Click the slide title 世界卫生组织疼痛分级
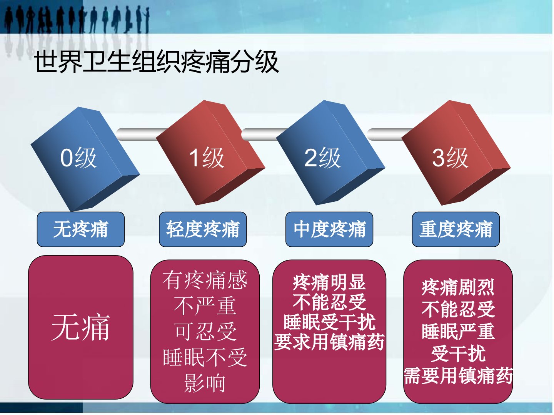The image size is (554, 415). click(x=156, y=62)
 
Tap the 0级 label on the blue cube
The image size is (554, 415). click(x=78, y=158)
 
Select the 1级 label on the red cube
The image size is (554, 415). click(x=207, y=158)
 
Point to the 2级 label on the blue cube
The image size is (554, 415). click(x=322, y=158)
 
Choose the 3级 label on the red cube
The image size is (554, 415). click(x=450, y=158)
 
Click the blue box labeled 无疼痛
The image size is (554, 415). click(x=80, y=229)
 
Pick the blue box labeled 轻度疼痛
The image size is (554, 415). click(x=203, y=229)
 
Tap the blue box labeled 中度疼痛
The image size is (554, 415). click(x=329, y=229)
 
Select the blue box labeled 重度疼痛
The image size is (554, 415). click(x=456, y=229)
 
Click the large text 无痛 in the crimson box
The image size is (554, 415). click(x=80, y=327)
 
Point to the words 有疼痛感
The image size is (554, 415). click(x=205, y=280)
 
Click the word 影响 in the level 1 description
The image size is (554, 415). click(x=205, y=383)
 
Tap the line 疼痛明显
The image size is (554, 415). click(x=329, y=282)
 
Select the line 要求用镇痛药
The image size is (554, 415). click(x=329, y=342)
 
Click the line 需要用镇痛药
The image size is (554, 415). click(x=458, y=376)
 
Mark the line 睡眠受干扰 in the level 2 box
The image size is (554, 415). click(x=329, y=322)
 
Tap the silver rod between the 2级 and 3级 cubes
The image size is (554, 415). click(x=390, y=134)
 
